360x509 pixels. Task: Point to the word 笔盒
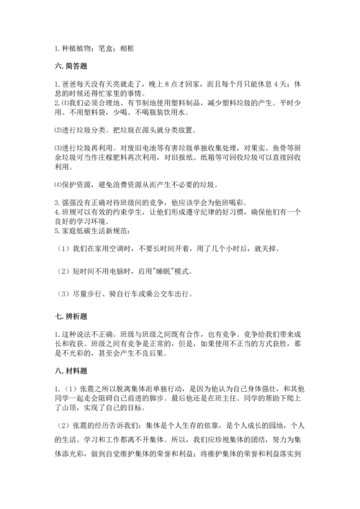(x=105, y=48)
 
